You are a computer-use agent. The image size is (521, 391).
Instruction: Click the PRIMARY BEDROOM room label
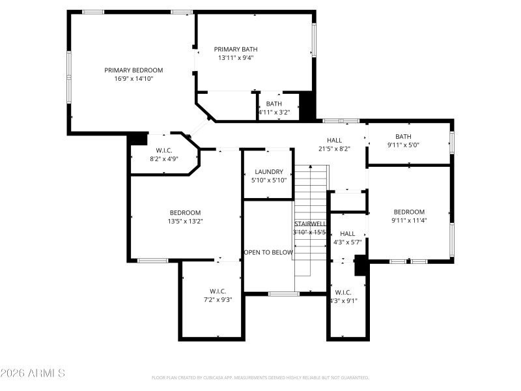tap(134, 70)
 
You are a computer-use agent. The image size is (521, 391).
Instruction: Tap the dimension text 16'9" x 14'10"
tap(134, 79)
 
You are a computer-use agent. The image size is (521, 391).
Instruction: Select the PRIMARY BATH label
tap(236, 49)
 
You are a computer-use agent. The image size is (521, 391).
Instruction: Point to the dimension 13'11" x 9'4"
tap(236, 57)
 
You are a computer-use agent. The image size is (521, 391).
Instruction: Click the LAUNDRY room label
tap(268, 172)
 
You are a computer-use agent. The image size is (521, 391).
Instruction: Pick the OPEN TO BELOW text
tap(268, 252)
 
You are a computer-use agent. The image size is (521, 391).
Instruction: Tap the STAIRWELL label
tap(309, 224)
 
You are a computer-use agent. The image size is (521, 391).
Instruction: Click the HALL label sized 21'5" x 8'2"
tap(334, 140)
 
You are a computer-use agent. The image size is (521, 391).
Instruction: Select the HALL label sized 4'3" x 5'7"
tap(348, 233)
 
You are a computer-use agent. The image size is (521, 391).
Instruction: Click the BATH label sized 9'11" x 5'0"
tap(404, 136)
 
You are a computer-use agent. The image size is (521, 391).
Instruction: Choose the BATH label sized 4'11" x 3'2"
tap(274, 104)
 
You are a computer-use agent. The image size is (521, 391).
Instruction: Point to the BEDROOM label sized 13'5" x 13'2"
tap(186, 212)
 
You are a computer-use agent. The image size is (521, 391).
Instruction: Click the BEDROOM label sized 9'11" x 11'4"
tap(409, 212)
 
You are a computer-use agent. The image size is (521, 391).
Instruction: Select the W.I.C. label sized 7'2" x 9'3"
tap(218, 291)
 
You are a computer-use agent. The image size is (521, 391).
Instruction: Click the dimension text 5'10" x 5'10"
tap(268, 181)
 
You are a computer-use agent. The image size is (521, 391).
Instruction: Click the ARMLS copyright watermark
tap(33, 373)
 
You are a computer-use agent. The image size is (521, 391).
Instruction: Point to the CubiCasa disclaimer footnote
tap(260, 377)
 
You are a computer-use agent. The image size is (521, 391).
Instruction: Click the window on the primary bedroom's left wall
tap(69, 76)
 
